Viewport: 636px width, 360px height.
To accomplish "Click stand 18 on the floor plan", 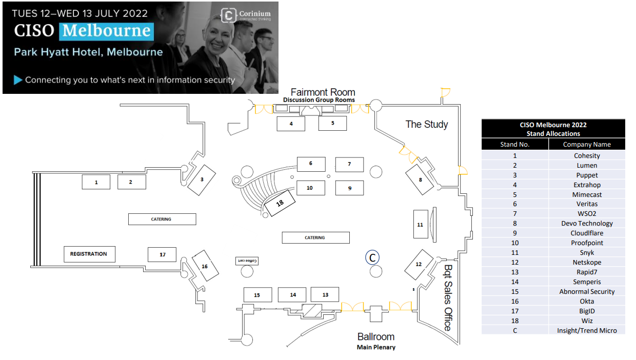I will pos(280,203).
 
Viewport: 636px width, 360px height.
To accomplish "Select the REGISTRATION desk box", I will pos(89,254).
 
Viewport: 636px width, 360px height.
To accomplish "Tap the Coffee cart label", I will pos(246,261).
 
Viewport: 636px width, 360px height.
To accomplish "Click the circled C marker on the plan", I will pos(373,257).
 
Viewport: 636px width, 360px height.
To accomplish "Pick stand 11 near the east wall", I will pos(421,224).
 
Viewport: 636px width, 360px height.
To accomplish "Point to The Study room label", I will pos(427,124).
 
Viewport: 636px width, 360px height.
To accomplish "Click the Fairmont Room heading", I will pos(323,92).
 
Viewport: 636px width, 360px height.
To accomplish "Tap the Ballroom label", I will pos(376,337).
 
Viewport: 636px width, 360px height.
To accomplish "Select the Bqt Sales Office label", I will pos(448,297).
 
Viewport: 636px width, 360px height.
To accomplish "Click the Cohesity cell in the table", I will pos(587,155).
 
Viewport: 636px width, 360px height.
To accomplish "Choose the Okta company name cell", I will pos(587,301).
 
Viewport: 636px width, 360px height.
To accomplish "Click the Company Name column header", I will pos(587,145).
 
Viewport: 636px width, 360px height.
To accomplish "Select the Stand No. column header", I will pos(514,145).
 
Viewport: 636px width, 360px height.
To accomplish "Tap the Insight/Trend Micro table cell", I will pos(587,330).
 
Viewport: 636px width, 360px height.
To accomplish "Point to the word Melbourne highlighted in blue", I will pos(107,30).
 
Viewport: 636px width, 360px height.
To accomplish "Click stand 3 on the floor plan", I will pos(202,179).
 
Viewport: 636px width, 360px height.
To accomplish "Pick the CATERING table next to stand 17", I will pos(162,219).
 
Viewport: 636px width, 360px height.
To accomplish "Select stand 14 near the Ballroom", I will pos(292,295).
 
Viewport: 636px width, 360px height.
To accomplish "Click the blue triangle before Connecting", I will pos(18,79).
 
